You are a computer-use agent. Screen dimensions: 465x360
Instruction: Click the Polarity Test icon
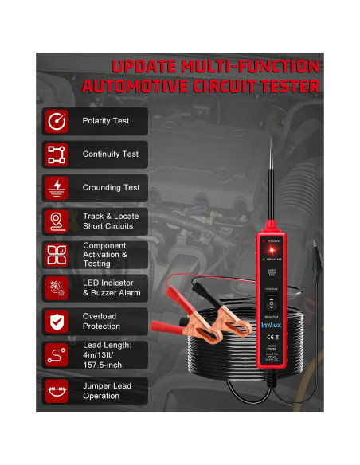[x=57, y=121]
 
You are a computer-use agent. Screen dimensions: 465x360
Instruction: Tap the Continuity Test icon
[x=57, y=154]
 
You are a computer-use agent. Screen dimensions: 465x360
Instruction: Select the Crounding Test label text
[x=111, y=188]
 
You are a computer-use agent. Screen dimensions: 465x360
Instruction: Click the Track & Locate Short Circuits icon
[x=57, y=221]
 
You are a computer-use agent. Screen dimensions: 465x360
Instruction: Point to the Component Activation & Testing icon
[x=57, y=254]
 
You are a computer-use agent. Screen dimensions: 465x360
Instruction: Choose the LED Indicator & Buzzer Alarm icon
[x=57, y=287]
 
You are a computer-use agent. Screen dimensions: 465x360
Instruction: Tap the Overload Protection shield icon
[x=57, y=321]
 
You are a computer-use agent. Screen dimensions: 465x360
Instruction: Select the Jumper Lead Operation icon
[x=57, y=390]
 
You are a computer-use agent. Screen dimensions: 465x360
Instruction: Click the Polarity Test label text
[x=105, y=121]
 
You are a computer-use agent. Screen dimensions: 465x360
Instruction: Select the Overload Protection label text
[x=102, y=321]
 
